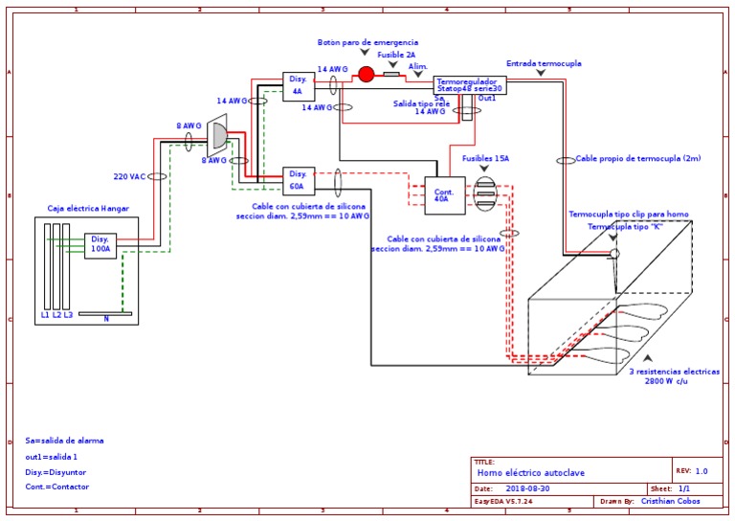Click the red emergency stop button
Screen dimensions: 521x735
click(366, 74)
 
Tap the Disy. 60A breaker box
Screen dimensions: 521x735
click(298, 180)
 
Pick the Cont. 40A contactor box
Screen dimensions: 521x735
click(444, 195)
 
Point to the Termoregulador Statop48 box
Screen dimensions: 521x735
click(469, 85)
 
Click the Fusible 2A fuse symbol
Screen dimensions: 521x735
click(391, 74)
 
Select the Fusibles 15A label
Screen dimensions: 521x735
click(486, 158)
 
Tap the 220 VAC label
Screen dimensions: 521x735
click(129, 177)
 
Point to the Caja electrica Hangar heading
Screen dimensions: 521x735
click(88, 208)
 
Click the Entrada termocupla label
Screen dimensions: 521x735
click(544, 63)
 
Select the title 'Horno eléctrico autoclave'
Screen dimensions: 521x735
click(530, 473)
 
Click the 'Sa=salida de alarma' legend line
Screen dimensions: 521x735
click(64, 441)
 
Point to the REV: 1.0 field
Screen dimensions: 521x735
click(691, 471)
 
